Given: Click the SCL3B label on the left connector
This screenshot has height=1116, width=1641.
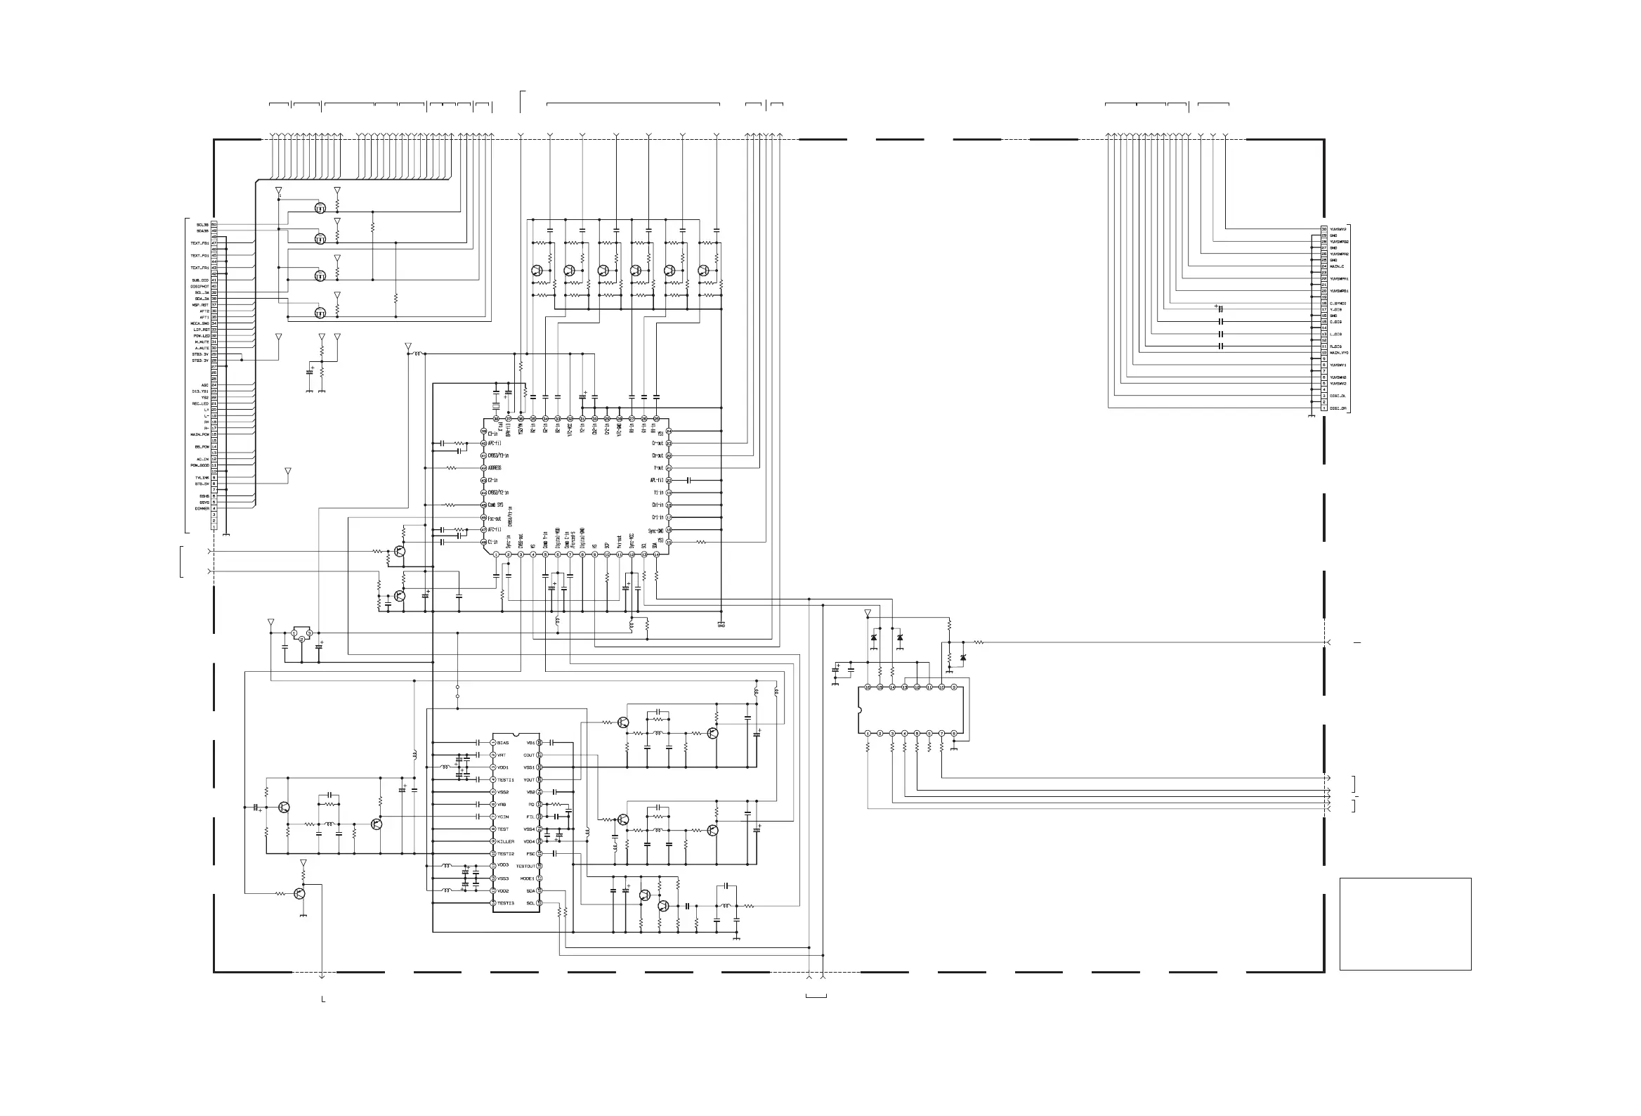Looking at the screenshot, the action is click(x=202, y=225).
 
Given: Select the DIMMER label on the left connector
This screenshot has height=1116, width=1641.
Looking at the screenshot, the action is click(x=202, y=509).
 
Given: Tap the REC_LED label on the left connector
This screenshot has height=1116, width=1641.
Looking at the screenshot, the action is click(x=200, y=403).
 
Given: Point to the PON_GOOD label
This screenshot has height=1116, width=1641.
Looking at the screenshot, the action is click(x=200, y=465).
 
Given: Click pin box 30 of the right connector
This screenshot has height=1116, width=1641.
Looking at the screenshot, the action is click(x=1324, y=230).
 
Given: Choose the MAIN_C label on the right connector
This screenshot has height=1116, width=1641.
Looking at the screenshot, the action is click(x=1338, y=266).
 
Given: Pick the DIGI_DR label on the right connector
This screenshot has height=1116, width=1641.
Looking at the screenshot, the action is click(x=1338, y=408).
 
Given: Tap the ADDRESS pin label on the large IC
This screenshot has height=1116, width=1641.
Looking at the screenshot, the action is click(x=495, y=467).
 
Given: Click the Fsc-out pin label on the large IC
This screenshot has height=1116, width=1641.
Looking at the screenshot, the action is click(x=495, y=519).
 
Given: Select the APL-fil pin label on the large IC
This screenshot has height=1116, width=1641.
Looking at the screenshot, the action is click(x=657, y=480).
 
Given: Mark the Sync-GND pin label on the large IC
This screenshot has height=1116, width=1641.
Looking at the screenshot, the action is click(x=655, y=531).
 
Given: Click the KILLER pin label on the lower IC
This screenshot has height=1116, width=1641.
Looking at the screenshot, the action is click(x=506, y=841).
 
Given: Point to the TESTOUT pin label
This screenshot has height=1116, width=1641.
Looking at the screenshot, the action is click(x=525, y=866).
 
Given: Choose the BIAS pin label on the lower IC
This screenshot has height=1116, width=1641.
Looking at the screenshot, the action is click(x=503, y=743).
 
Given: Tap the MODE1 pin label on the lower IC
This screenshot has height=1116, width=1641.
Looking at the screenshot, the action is click(x=527, y=878).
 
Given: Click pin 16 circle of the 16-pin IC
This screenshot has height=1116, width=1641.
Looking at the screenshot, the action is click(x=868, y=687).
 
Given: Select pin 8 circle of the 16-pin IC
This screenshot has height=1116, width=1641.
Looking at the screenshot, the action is click(x=954, y=733).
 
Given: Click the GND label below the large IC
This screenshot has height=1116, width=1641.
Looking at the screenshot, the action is click(x=721, y=625).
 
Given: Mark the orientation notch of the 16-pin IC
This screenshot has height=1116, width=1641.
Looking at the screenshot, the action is click(x=860, y=711).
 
